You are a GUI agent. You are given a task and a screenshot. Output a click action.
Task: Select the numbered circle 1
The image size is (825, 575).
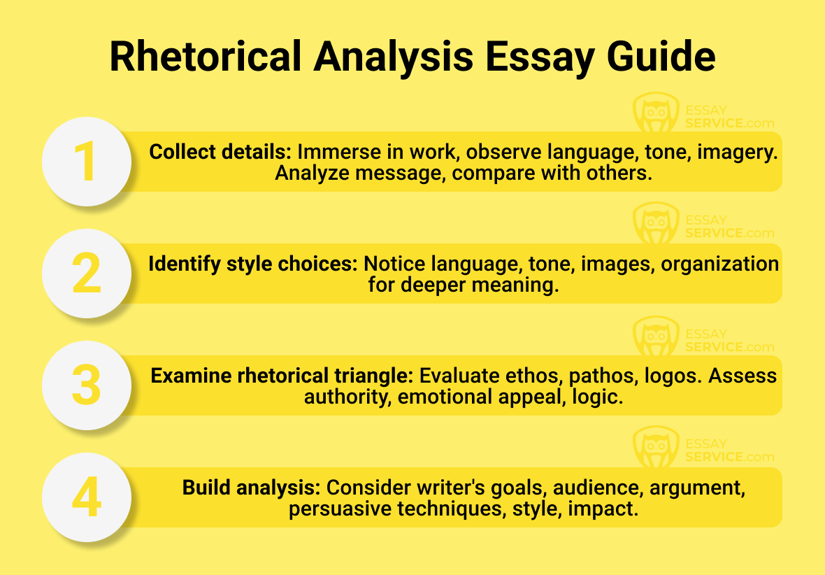pyautogui.click(x=87, y=162)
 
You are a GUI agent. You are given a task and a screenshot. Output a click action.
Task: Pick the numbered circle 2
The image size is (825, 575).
pyautogui.click(x=87, y=274)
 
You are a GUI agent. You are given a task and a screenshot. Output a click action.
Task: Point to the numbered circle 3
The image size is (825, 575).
pyautogui.click(x=87, y=385)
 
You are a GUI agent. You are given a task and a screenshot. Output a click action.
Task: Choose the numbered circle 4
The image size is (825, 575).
pyautogui.click(x=87, y=497)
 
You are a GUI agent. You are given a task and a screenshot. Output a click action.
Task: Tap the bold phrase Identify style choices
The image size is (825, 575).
pyautogui.click(x=252, y=264)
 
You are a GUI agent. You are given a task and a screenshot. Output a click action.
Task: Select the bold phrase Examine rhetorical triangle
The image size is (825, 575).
pyautogui.click(x=282, y=376)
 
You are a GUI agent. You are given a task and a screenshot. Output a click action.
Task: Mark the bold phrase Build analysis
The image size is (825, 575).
pyautogui.click(x=252, y=488)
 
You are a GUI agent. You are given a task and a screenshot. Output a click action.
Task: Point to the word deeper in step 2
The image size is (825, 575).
pyautogui.click(x=429, y=285)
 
